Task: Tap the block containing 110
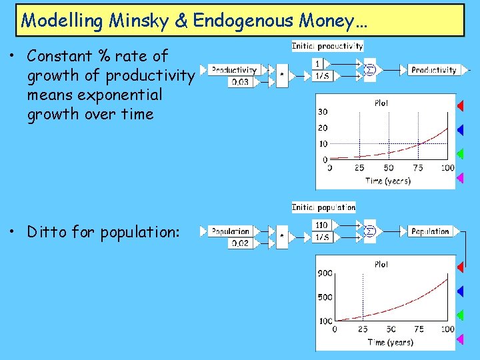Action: point(321,225)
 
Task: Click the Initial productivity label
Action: point(327,46)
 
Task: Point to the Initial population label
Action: point(323,207)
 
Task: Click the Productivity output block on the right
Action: point(433,69)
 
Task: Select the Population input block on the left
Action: point(230,231)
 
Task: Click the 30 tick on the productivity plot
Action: point(323,111)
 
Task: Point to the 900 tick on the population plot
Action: point(325,273)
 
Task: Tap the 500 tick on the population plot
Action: point(325,297)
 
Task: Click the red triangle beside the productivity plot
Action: point(459,105)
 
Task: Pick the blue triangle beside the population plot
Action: point(459,291)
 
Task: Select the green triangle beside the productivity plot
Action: point(459,153)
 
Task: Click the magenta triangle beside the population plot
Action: point(459,339)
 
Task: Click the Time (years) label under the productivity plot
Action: point(388,181)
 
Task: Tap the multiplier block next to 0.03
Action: point(283,75)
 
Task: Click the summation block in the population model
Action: point(371,231)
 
